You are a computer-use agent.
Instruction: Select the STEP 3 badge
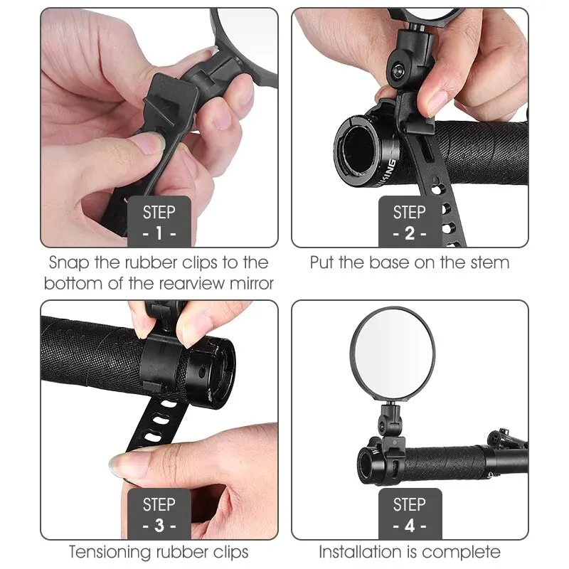pyautogui.click(x=159, y=514)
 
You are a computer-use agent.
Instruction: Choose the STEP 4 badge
pyautogui.click(x=409, y=514)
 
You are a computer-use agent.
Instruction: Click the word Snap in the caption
pyautogui.click(x=70, y=262)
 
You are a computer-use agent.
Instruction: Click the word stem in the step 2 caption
pyautogui.click(x=491, y=262)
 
